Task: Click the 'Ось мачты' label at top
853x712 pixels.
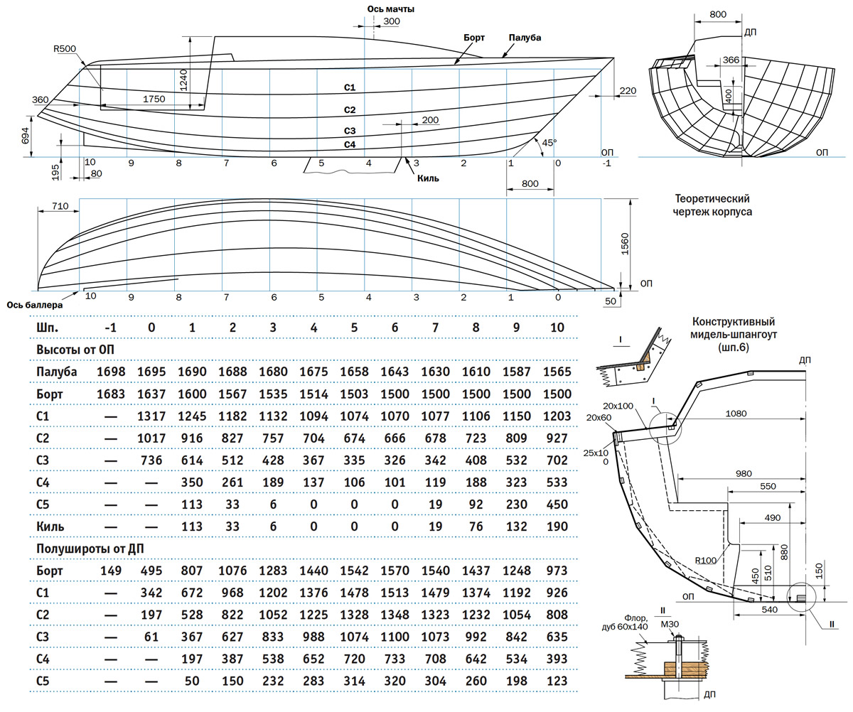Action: (x=390, y=9)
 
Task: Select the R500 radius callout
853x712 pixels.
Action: (x=65, y=49)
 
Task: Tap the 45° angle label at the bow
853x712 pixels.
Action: (x=549, y=142)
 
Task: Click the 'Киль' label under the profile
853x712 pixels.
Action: (x=428, y=178)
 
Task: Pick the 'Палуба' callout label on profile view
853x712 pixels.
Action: (x=525, y=37)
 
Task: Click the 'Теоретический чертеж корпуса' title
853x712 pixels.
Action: (x=713, y=205)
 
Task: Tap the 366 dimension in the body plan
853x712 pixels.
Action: (x=730, y=60)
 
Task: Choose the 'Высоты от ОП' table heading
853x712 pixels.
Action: (x=75, y=350)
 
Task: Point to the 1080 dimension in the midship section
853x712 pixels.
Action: (x=740, y=412)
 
